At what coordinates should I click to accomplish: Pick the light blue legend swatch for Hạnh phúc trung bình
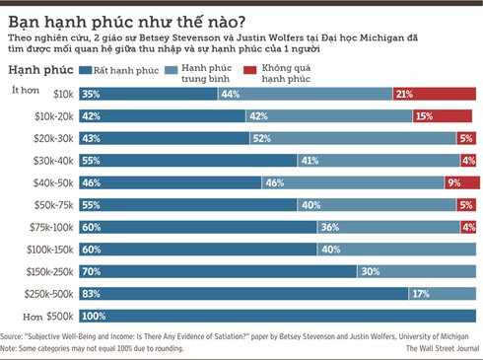pyautogui.click(x=173, y=71)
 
